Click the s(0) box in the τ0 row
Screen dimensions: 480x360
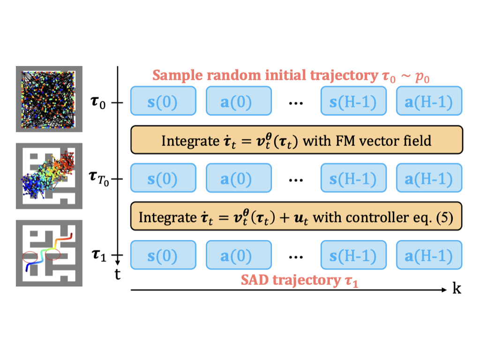coord(163,101)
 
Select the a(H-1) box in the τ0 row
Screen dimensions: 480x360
coord(429,101)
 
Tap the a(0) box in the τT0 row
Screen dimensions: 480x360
coord(239,178)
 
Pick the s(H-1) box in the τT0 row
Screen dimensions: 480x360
coord(353,178)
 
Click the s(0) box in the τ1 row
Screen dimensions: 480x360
coord(163,255)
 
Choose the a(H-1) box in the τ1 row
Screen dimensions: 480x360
coord(429,255)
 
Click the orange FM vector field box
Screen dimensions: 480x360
coord(296,140)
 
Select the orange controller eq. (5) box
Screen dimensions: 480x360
coord(296,216)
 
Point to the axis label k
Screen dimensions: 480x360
coord(457,288)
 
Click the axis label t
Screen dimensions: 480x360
coord(118,274)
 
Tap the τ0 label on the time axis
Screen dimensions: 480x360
coord(98,102)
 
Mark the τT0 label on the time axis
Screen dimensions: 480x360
coord(99,179)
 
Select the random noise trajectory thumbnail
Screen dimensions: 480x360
coord(49,99)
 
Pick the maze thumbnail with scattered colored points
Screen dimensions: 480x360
coord(49,176)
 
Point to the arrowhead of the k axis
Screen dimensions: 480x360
coord(444,290)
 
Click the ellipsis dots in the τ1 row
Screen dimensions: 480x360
coord(296,257)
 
